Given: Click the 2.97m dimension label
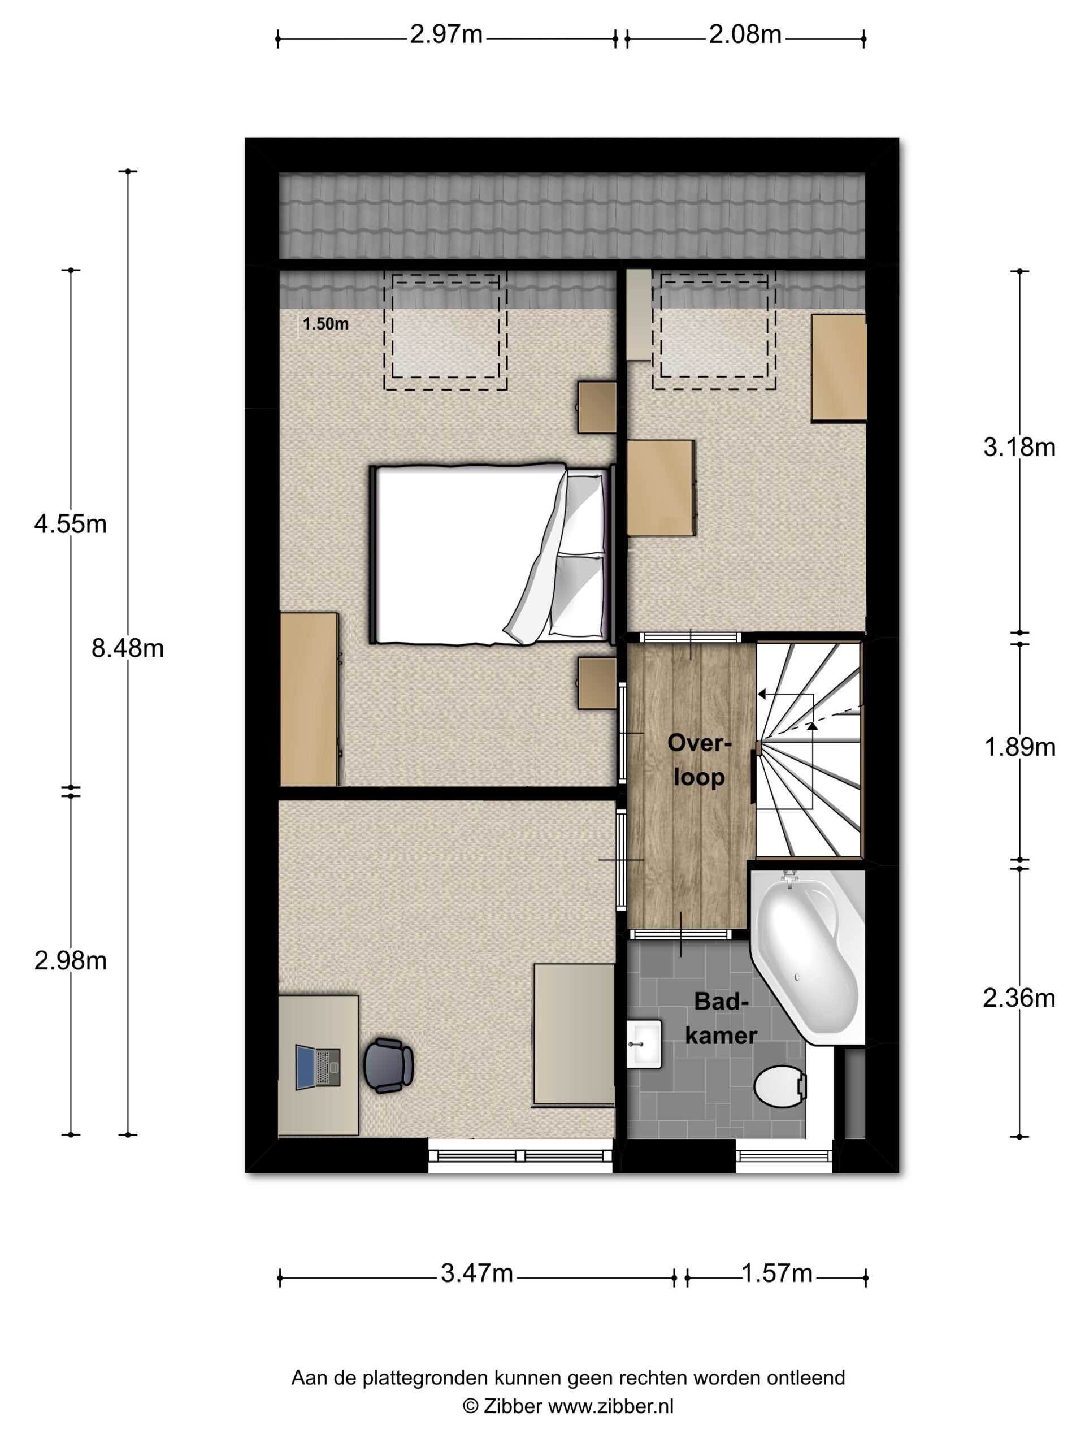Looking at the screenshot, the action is coord(446,34).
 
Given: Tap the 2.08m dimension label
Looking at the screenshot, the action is coord(745,34).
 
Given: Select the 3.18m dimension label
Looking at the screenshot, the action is coord(1019,448).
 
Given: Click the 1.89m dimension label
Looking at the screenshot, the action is coord(1019,747).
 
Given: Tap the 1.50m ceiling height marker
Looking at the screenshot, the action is coord(325,324).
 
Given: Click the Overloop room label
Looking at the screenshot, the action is coord(698,760).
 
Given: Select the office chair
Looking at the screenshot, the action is coord(388,1065).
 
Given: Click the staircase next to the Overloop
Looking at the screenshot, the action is coord(810,750).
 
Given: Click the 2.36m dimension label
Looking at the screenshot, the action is coord(1019,998).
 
